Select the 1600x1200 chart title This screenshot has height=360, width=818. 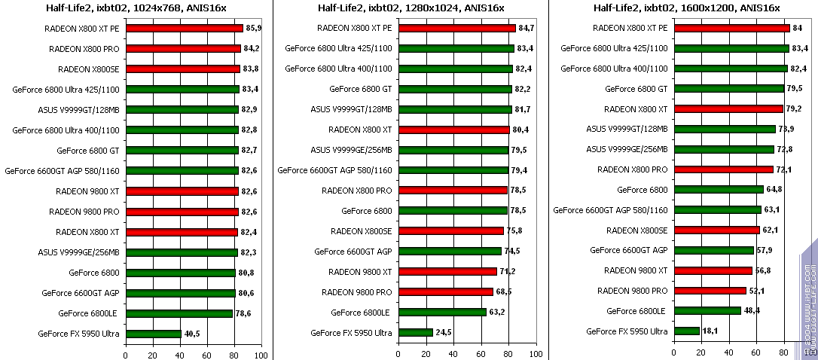pos(687,8)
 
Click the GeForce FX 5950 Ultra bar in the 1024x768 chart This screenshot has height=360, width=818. pos(153,334)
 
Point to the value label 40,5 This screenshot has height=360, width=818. pos(193,334)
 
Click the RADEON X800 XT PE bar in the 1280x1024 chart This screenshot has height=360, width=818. pos(456,28)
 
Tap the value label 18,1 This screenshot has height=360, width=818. pos(710,331)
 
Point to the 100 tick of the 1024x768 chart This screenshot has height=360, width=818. pos(261,355)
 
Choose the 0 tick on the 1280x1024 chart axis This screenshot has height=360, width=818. pos(399,355)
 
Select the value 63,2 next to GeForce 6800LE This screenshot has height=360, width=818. pos(498,312)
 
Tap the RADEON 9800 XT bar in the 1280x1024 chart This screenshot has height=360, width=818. pos(447,271)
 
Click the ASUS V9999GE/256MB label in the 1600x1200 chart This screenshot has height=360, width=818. pos(627,149)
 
